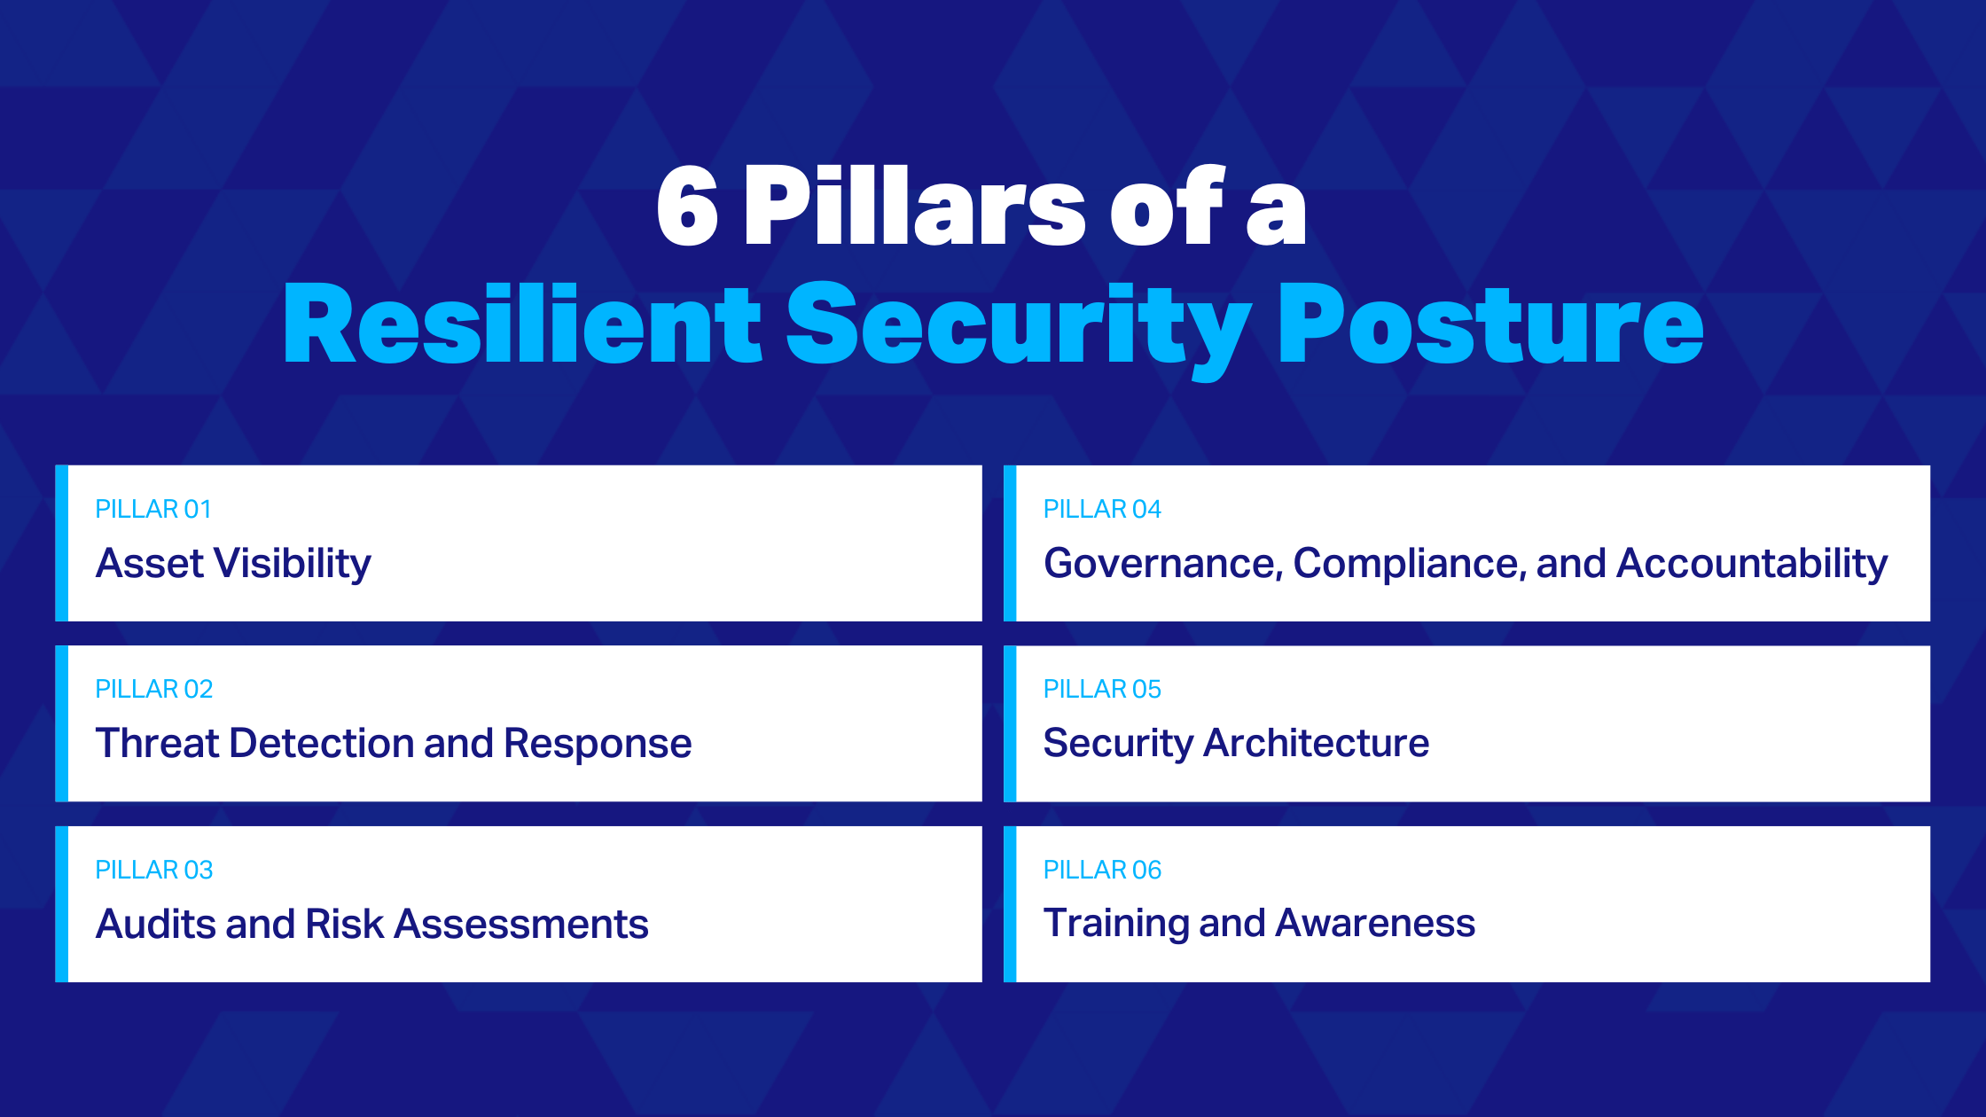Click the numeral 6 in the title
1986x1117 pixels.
(687, 206)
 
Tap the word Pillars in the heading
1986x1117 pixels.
(914, 206)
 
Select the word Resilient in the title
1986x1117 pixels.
(522, 324)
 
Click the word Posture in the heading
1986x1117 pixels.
(1489, 324)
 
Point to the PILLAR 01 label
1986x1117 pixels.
(153, 509)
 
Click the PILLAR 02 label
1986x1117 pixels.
(154, 689)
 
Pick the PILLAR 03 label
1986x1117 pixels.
(154, 870)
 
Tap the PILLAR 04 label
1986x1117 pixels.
(1102, 509)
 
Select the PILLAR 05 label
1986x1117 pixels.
(1102, 689)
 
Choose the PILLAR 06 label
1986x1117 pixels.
(1102, 870)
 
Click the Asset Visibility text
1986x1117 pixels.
(233, 564)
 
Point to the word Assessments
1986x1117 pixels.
(521, 924)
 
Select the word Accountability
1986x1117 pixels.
(1752, 564)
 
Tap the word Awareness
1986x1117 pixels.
(1375, 923)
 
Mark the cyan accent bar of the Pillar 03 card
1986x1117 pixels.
(62, 904)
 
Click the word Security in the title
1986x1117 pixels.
(1018, 324)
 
